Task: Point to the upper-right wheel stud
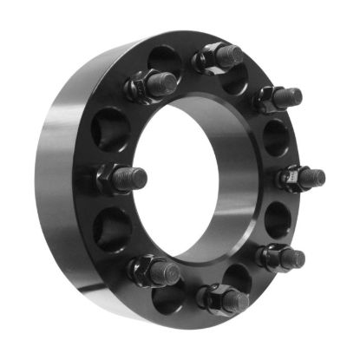[x=280, y=98]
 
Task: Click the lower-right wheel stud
[x=282, y=257]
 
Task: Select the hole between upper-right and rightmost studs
[x=276, y=137]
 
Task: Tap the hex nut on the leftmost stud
[x=110, y=180]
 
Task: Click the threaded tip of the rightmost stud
[x=316, y=177]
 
